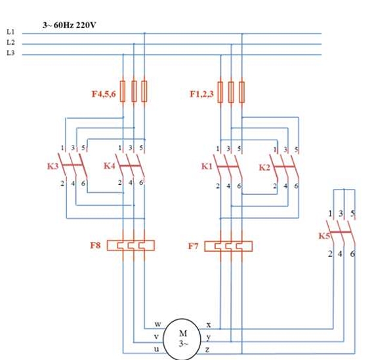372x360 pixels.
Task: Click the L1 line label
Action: click(10, 31)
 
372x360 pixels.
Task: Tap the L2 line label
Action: click(10, 42)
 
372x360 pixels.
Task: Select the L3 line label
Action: click(10, 52)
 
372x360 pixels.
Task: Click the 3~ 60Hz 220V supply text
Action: click(70, 25)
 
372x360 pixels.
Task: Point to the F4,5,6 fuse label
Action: click(104, 94)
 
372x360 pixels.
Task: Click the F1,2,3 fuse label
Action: click(201, 94)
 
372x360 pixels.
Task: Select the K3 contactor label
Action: click(52, 166)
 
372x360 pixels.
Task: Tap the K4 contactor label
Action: click(110, 166)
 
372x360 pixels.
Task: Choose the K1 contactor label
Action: click(207, 167)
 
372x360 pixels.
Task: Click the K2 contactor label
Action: click(264, 167)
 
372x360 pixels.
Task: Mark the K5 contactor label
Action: click(324, 236)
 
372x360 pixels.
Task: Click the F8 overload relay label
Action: click(95, 245)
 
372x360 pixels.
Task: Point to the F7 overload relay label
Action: click(193, 246)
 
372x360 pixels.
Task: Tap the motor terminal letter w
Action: click(157, 324)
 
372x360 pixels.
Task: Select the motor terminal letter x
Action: click(209, 325)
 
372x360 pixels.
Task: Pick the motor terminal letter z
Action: click(207, 350)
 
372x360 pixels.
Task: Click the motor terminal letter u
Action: click(157, 349)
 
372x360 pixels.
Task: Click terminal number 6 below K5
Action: click(352, 254)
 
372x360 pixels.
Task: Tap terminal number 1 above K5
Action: click(330, 214)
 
